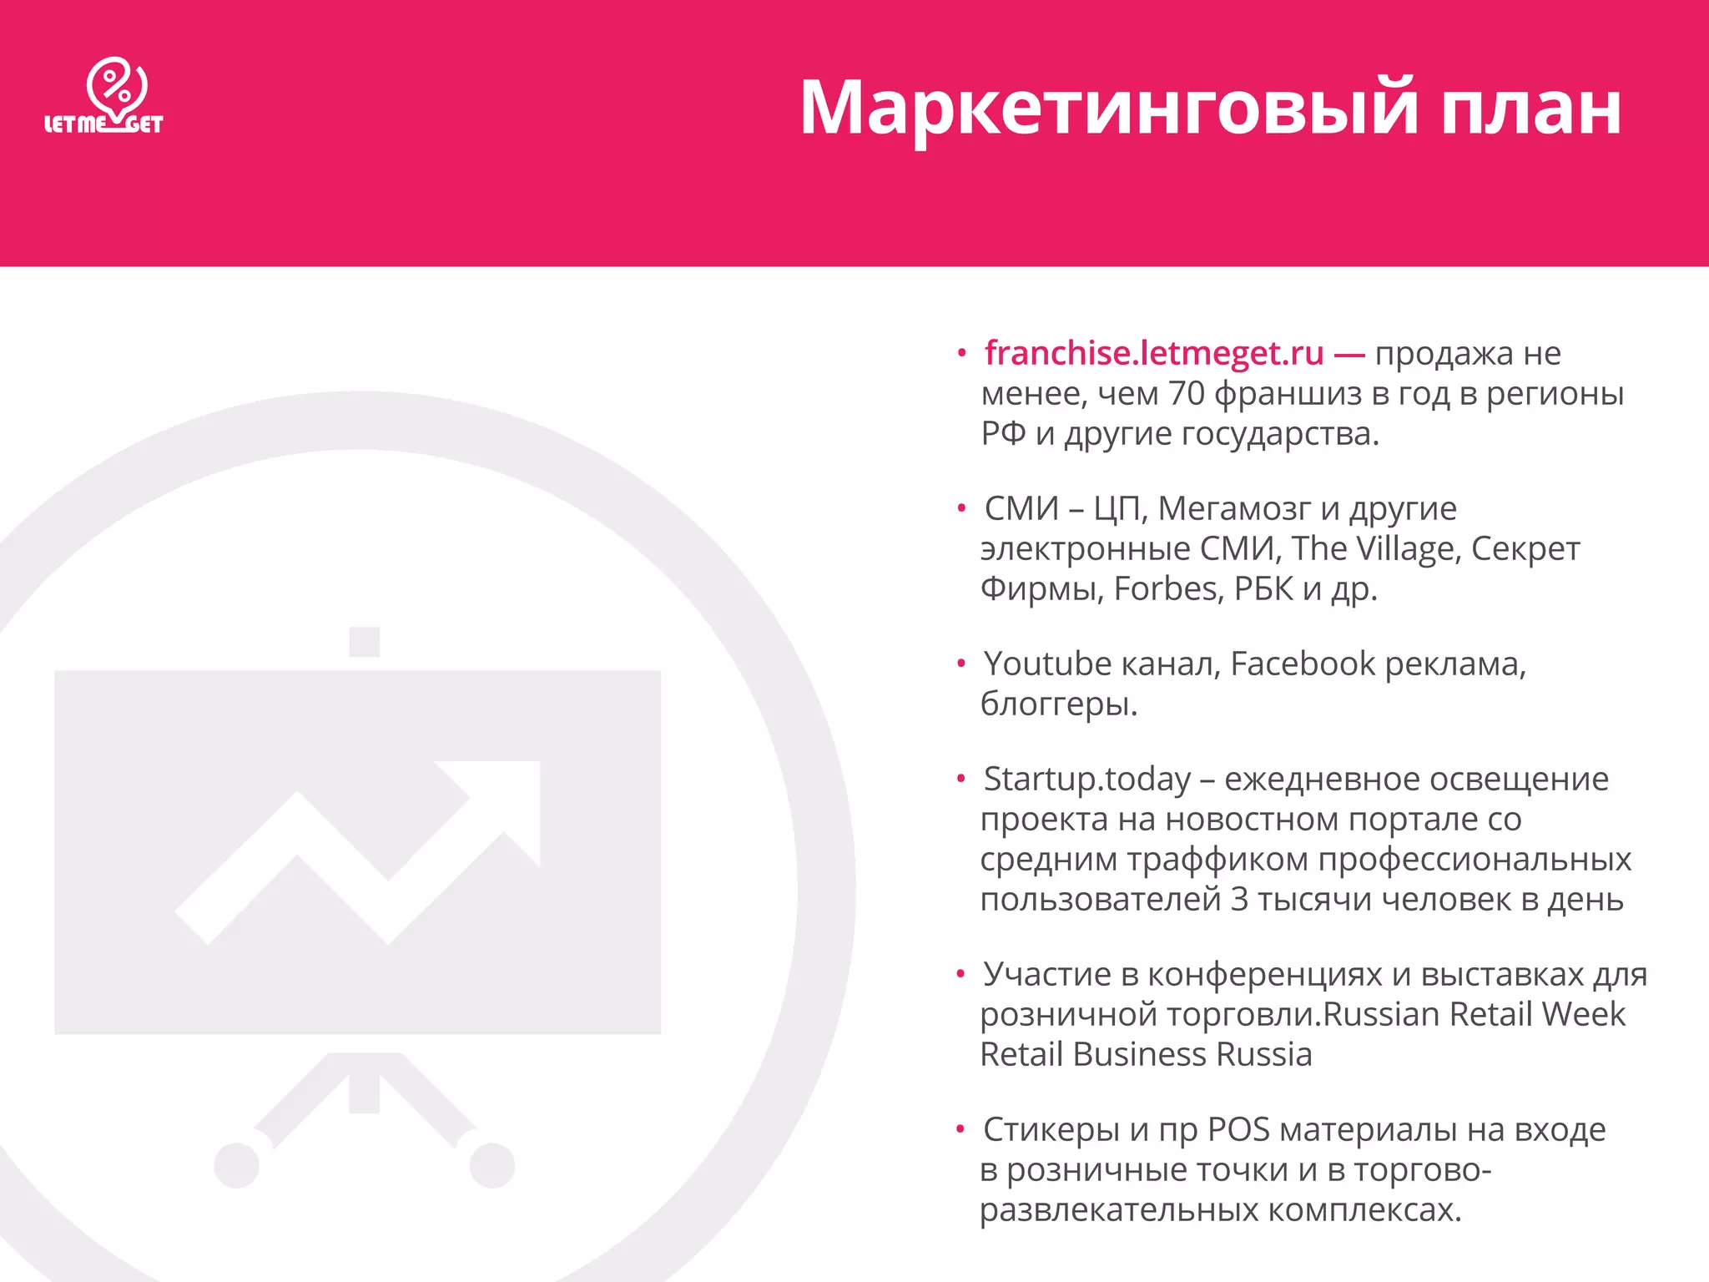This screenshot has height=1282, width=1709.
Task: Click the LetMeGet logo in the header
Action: pos(104,96)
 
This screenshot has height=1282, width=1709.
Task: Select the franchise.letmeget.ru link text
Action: pos(1154,354)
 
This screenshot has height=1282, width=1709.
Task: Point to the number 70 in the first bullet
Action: pos(1186,394)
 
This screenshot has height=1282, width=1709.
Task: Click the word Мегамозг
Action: pos(1234,508)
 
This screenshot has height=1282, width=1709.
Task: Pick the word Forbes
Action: pos(1168,589)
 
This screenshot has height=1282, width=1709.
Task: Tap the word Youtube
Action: pos(1047,664)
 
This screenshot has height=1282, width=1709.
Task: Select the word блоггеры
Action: pos(1058,704)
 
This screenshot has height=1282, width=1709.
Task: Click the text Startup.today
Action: pos(1086,780)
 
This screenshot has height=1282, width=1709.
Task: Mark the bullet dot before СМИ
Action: pos(961,508)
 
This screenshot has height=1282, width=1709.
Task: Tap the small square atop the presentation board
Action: pos(365,642)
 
